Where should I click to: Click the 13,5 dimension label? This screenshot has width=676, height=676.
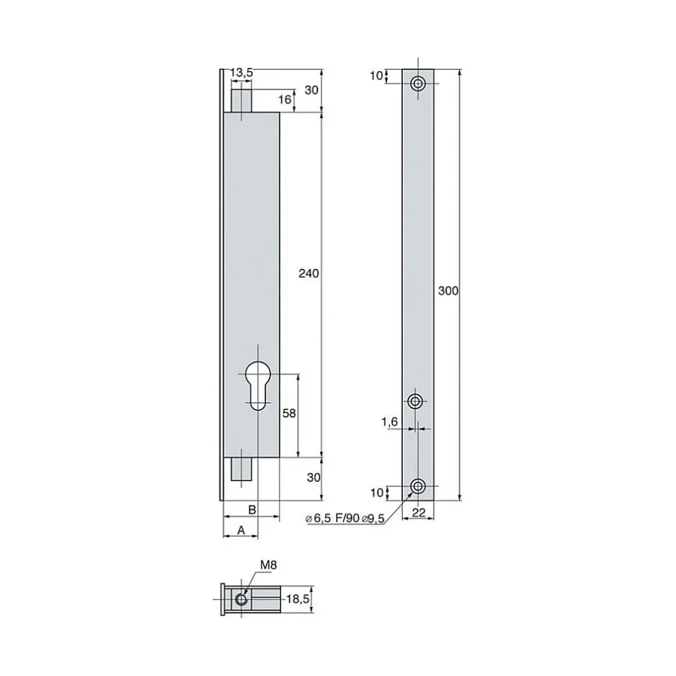coord(242,73)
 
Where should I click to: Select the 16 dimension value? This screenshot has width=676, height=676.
coord(285,100)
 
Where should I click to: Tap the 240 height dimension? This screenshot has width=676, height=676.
coord(309,273)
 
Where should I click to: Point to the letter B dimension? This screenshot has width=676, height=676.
coord(251,509)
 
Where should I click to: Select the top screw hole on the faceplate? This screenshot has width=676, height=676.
coord(417,84)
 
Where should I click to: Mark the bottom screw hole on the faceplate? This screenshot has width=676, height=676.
coord(417,487)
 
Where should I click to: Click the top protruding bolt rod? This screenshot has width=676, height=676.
coord(242,97)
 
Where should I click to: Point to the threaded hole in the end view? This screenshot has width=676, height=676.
coord(242,599)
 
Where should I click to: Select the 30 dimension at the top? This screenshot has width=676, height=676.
coord(311,90)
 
